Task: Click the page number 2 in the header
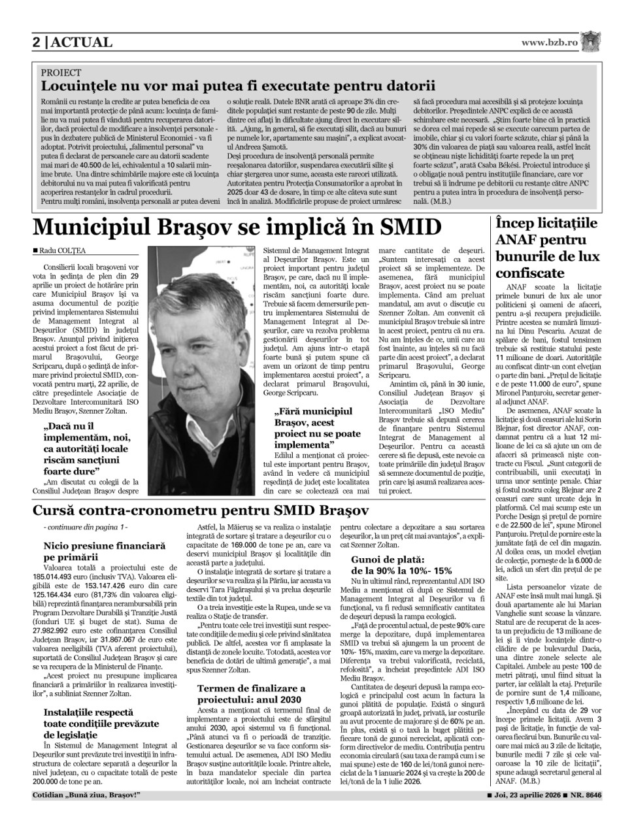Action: (x=37, y=42)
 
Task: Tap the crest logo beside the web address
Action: (x=591, y=42)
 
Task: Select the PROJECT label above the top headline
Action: (x=61, y=73)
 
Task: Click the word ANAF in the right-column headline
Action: (x=516, y=240)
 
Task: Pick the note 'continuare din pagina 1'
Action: (x=85, y=527)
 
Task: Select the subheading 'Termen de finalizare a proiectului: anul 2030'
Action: (x=252, y=693)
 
